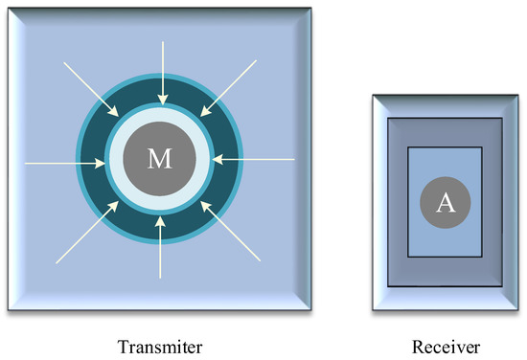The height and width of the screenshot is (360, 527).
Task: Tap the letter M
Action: (x=159, y=160)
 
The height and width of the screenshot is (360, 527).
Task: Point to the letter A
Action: (x=445, y=202)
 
